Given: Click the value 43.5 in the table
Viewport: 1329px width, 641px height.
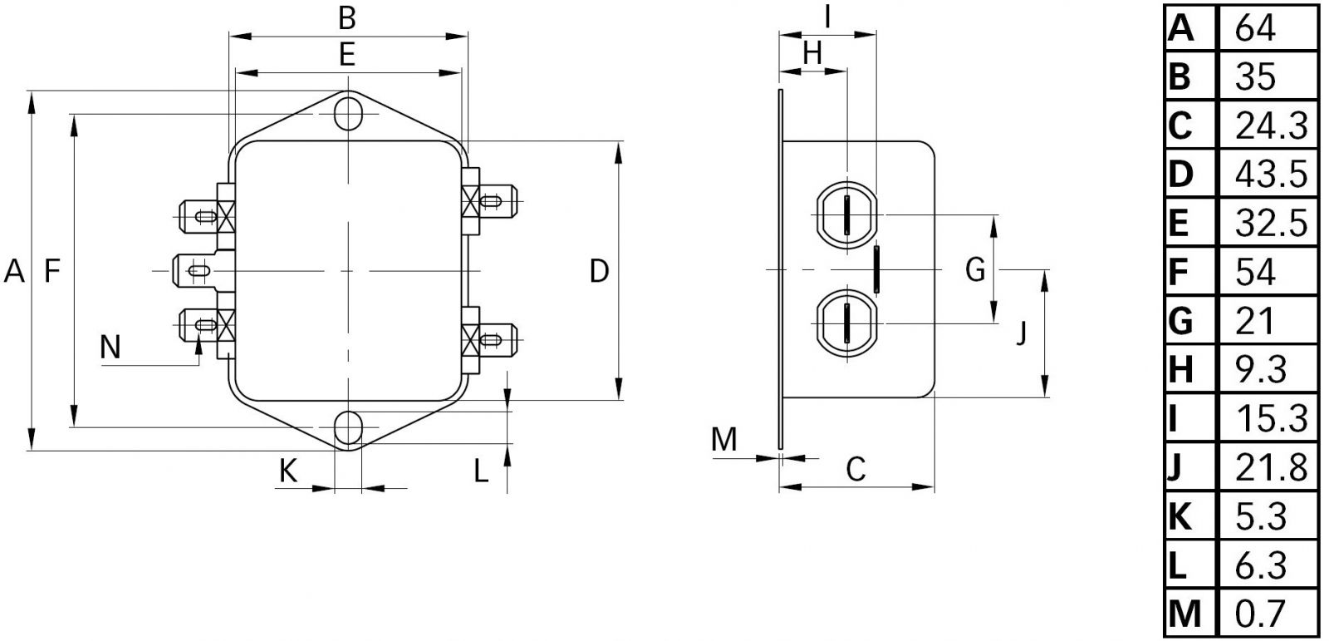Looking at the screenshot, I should pos(1271,174).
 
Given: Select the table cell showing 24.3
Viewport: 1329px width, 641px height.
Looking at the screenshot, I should pos(1271,125).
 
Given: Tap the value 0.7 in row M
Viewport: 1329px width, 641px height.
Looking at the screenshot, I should pos(1261,614).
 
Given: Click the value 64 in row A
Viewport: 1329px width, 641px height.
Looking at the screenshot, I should pos(1255,27).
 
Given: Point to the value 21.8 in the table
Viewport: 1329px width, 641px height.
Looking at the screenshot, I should pos(1271,467).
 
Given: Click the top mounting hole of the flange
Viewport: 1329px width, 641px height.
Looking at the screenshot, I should pos(349,113).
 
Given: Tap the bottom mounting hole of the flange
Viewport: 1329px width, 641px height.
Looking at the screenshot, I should pos(349,428).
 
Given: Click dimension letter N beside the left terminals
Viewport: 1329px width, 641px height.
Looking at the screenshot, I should pos(110,346).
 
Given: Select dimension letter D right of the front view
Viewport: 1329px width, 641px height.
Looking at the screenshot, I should pos(599,270).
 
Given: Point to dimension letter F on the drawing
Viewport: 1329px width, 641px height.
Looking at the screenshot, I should pos(53,270).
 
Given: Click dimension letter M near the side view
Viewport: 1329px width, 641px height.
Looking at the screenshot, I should pos(724,439).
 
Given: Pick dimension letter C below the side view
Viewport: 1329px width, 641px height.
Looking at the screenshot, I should pos(856,469).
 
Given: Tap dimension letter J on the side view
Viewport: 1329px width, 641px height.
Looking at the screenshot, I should pos(1022,333).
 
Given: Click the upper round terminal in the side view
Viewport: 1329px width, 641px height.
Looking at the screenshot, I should pos(846,214).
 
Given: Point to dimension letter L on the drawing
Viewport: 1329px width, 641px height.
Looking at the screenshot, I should pos(481,471).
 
